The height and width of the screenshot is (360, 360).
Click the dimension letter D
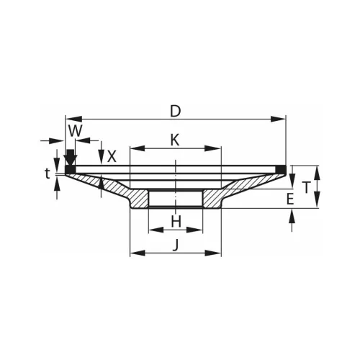(x=175, y=112)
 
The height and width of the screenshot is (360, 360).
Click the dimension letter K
(x=175, y=140)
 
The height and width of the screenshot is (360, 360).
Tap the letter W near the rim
(x=76, y=131)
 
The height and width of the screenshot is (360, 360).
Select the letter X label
(x=112, y=157)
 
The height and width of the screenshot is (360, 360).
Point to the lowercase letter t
(x=48, y=174)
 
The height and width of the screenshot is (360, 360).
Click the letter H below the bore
(x=176, y=222)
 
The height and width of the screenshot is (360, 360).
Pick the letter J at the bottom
(x=176, y=245)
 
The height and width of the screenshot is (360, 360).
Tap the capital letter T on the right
(x=306, y=187)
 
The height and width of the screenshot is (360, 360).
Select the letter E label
(x=290, y=199)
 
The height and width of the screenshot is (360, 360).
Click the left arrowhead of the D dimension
(x=74, y=119)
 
